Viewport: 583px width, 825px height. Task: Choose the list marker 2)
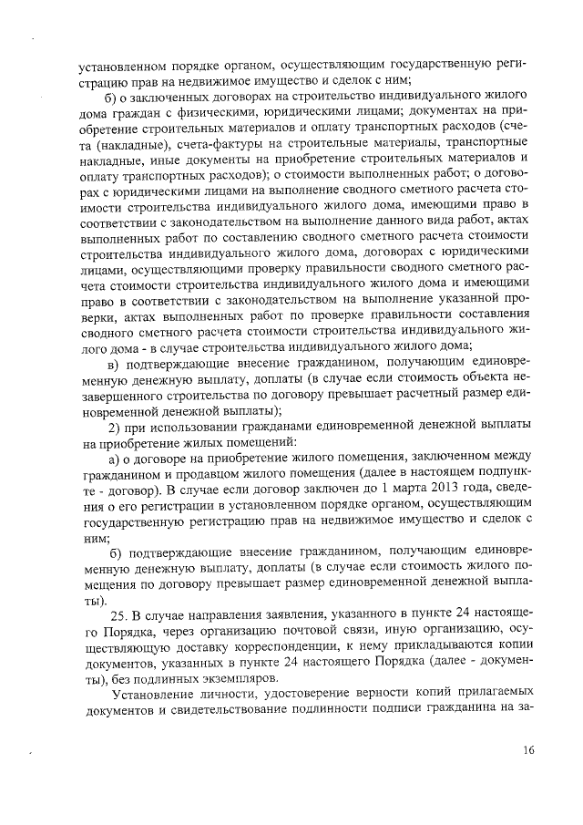coord(115,428)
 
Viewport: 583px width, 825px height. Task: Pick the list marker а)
coord(115,459)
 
